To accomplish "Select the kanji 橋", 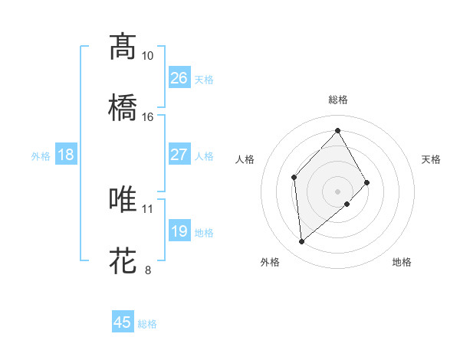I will tap(123, 107).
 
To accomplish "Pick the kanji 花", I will tap(123, 260).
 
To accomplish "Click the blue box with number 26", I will tap(179, 78).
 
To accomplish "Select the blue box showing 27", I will tap(179, 155).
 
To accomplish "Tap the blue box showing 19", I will tap(179, 231).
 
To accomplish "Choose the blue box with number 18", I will tap(66, 155).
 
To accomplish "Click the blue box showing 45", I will tap(123, 322).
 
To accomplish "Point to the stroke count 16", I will tap(148, 117).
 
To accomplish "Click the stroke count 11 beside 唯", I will tap(148, 208).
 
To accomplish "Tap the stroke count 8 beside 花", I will tap(148, 270).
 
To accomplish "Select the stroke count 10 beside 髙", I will tap(148, 56).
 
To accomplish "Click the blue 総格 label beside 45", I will tap(147, 324).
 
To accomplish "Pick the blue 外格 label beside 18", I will tap(41, 156).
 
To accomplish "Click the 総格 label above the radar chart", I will tap(338, 100).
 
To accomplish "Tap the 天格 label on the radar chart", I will tap(431, 159).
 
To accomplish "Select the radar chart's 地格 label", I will tap(402, 262).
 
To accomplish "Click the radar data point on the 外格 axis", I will tap(302, 242).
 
